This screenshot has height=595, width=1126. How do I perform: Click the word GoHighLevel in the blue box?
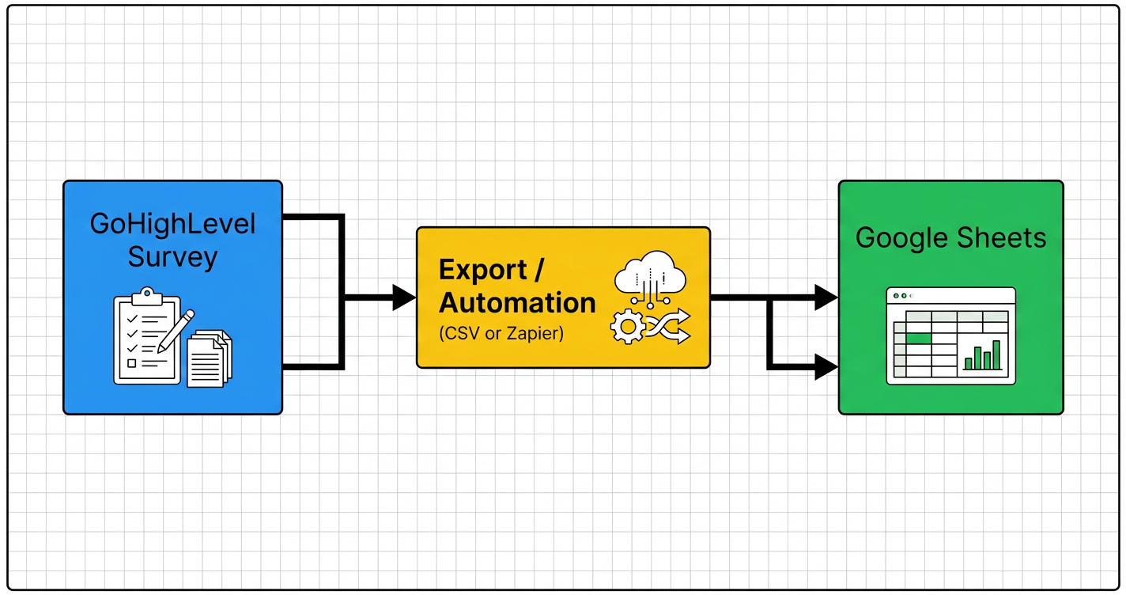coord(172,224)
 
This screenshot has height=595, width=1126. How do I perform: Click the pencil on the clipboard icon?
coord(176,332)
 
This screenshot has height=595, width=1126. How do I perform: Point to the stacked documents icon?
coord(209,358)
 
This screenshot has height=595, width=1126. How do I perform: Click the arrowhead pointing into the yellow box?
coord(404,298)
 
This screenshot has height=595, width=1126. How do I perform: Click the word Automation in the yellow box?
coord(517,303)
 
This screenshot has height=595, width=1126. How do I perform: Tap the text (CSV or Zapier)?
coord(501,334)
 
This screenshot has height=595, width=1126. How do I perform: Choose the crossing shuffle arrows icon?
coord(669,326)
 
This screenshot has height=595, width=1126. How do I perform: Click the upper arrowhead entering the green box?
coord(826,298)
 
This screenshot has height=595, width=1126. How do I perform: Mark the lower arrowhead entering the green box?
coord(826,367)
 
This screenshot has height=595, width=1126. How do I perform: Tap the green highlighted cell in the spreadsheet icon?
coord(918,339)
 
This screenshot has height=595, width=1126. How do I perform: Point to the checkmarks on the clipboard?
coord(132,333)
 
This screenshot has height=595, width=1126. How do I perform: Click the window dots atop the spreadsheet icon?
coord(901,295)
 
